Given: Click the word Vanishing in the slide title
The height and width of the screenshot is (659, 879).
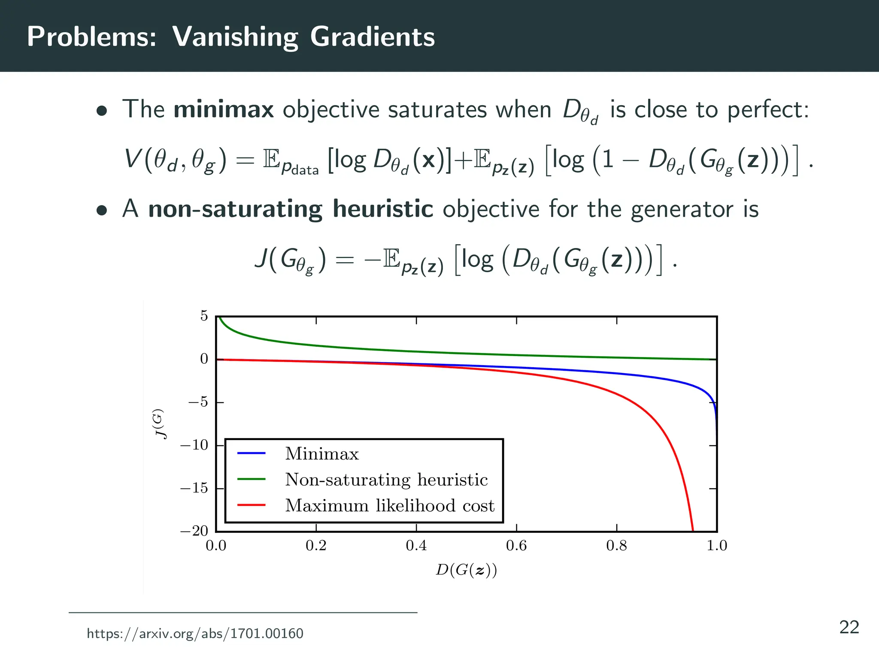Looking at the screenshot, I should tap(235, 37).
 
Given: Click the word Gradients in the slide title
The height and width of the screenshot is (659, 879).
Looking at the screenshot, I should tap(372, 37).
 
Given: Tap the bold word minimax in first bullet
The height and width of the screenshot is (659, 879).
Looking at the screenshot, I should tap(223, 109).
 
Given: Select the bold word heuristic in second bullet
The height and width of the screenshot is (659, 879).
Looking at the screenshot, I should tap(383, 209).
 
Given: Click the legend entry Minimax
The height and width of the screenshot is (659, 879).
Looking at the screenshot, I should tap(322, 454).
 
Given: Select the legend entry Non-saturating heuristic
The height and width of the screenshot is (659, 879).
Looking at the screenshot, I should tap(386, 480).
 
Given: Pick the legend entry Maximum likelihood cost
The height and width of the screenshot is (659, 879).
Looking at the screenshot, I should tap(390, 506).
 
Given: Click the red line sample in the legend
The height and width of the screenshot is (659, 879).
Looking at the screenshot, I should tap(252, 505).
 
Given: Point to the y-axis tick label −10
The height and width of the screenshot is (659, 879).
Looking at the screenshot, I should tap(194, 445).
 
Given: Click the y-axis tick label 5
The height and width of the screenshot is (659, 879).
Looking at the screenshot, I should tap(204, 316).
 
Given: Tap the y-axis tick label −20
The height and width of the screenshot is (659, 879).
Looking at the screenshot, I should tap(194, 531).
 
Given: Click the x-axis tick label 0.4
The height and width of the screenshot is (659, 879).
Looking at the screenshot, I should tap(416, 546).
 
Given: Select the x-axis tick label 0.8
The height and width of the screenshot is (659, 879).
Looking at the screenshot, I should tap(616, 546).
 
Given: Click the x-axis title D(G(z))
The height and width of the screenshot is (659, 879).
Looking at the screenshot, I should tap(466, 570).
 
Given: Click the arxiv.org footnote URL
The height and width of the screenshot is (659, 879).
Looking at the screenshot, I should tap(195, 634).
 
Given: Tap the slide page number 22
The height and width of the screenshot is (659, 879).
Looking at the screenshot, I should tap(849, 628).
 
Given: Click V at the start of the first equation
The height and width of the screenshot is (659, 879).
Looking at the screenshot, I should tap(132, 159).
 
